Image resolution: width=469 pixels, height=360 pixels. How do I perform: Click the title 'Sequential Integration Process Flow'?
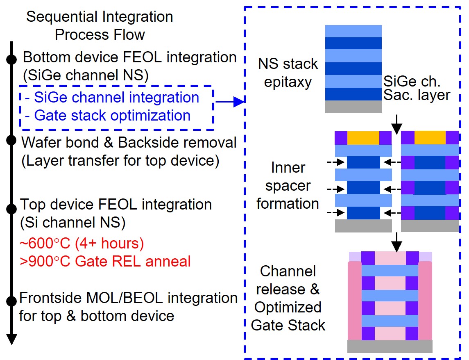[x=100, y=25]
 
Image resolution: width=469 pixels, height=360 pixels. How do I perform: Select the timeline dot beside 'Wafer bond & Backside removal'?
[x=12, y=140]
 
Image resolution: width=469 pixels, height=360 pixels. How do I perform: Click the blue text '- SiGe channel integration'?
[x=112, y=98]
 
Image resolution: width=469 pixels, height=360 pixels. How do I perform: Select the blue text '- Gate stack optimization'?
[x=108, y=116]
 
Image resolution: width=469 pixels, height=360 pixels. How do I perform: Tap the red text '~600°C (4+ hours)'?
[x=82, y=244]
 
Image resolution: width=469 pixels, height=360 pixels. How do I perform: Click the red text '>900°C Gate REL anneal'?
[x=105, y=261]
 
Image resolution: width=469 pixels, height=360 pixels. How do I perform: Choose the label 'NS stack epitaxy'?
[x=288, y=73]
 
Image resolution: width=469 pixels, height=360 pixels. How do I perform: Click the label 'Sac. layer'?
[x=417, y=95]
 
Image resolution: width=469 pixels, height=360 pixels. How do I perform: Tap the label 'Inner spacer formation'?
[x=288, y=185]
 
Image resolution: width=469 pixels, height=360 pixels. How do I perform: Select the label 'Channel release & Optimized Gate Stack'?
[x=288, y=298]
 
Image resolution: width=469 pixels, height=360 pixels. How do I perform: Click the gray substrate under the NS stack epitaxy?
[x=353, y=107]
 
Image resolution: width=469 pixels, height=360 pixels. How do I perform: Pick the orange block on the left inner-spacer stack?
[x=363, y=138]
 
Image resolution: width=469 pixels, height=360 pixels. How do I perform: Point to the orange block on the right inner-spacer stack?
[x=430, y=138]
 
